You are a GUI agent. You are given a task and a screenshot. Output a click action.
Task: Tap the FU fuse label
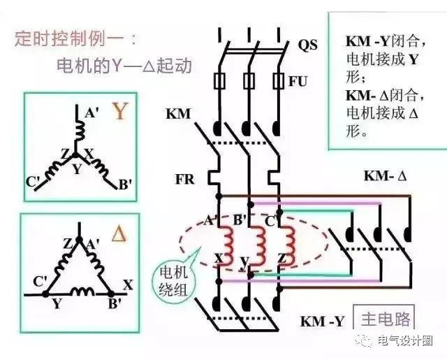click(x=298, y=81)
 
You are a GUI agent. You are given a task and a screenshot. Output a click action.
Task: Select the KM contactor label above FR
click(x=179, y=114)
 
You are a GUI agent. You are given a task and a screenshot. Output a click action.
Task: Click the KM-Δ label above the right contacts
click(x=384, y=176)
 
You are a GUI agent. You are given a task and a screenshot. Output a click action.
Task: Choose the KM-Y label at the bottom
click(x=322, y=322)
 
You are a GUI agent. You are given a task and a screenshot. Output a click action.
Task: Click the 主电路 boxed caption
click(x=385, y=319)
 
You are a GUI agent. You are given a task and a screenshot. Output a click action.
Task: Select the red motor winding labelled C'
click(x=286, y=240)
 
